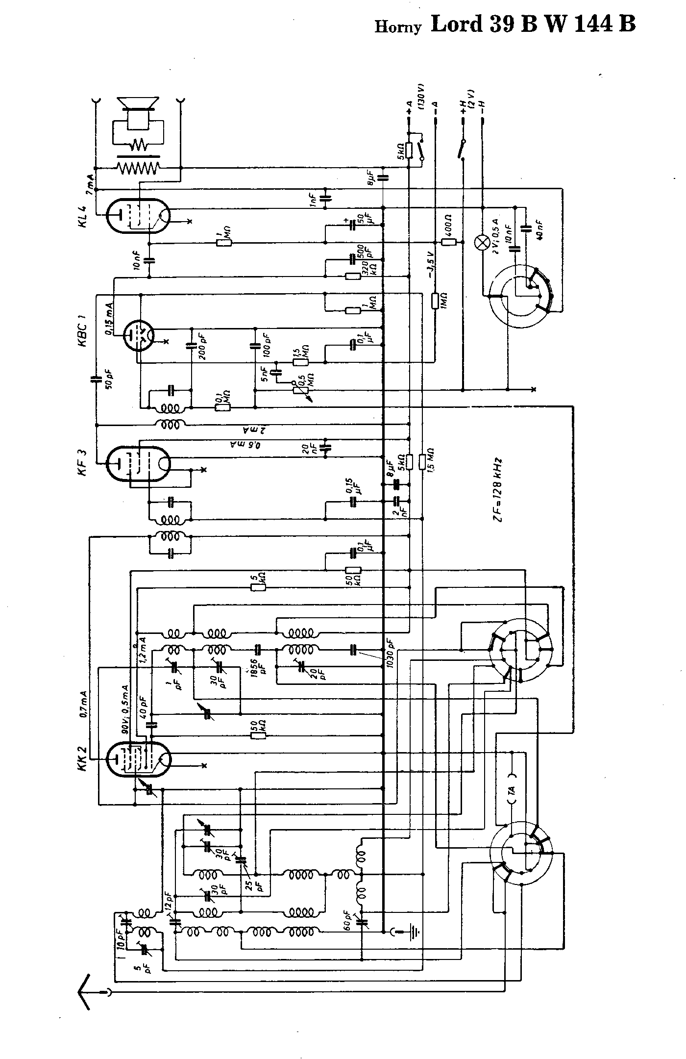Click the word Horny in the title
pyautogui.click(x=398, y=27)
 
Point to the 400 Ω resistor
pyautogui.click(x=449, y=242)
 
